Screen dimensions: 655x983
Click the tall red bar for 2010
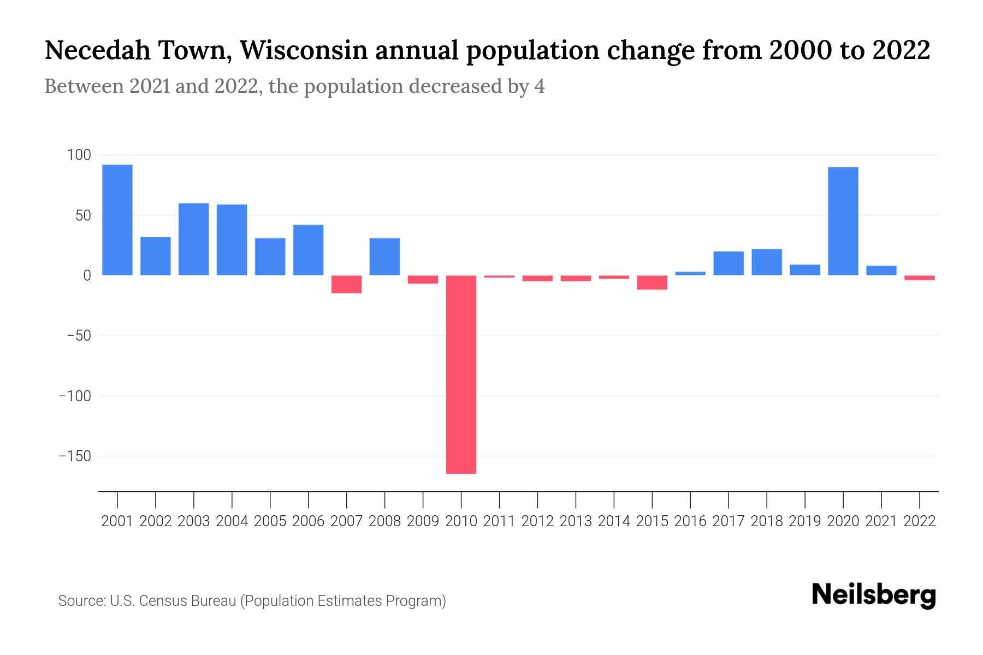(461, 374)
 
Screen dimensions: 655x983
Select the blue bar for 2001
(117, 220)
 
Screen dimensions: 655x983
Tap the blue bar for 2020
(843, 221)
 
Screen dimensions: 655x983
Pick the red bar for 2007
(347, 284)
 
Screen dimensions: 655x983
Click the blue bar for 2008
(384, 257)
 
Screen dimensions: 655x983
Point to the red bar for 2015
(652, 282)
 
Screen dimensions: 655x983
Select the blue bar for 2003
(194, 239)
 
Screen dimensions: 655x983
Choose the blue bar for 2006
(309, 250)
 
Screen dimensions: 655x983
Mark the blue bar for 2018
(767, 262)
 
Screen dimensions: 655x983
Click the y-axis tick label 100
(79, 156)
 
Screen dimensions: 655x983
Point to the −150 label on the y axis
(75, 456)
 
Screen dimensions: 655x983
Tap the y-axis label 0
(87, 276)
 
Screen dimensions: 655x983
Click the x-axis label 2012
(537, 521)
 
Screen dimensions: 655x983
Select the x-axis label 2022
(920, 521)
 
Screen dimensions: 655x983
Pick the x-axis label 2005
(270, 521)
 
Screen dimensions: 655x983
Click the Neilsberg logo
(874, 595)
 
